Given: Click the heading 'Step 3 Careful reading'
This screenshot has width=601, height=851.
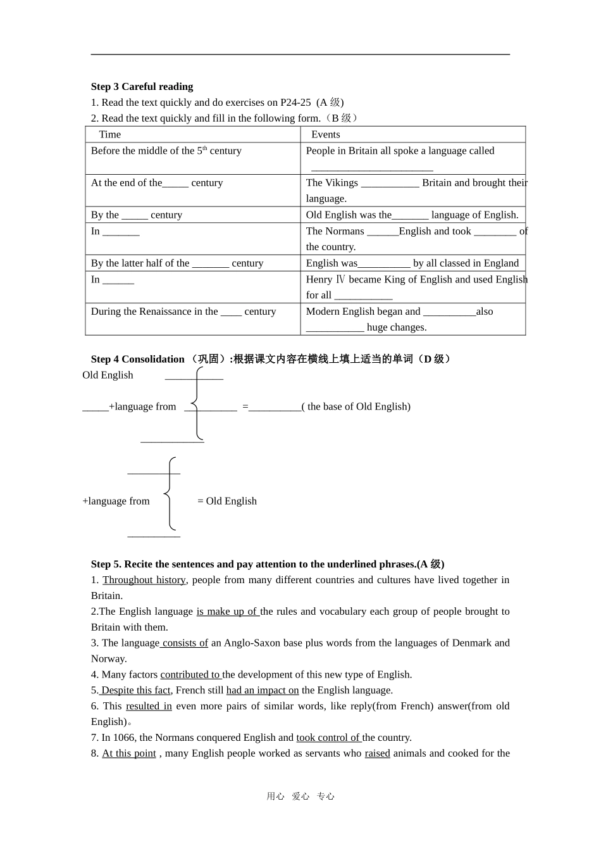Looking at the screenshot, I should point(142,87).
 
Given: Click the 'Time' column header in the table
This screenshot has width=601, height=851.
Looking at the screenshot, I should point(109,134).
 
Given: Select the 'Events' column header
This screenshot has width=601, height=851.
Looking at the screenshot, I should point(325,134).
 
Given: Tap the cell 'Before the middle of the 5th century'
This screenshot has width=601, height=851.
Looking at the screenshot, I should point(166,151).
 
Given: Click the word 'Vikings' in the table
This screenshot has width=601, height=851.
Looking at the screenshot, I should point(342,183).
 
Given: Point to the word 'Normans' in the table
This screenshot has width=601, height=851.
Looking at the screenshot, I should point(346,231).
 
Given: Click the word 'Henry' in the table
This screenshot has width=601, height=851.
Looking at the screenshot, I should point(319,279).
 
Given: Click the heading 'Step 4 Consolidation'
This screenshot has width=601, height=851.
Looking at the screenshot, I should point(137,359).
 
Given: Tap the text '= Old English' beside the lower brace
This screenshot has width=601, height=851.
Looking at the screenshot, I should point(227,501).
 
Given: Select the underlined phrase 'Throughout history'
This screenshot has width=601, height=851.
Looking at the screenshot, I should point(144,580).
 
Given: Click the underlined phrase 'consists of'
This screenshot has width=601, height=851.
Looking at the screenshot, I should point(185,643).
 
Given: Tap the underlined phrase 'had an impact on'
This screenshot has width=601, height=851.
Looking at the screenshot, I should point(262,690).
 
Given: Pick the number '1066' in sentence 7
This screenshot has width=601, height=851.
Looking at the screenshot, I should point(125,738).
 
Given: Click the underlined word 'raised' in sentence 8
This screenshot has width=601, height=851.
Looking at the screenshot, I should point(377,753).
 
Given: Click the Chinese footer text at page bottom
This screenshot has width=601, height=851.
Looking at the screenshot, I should point(300,797).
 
